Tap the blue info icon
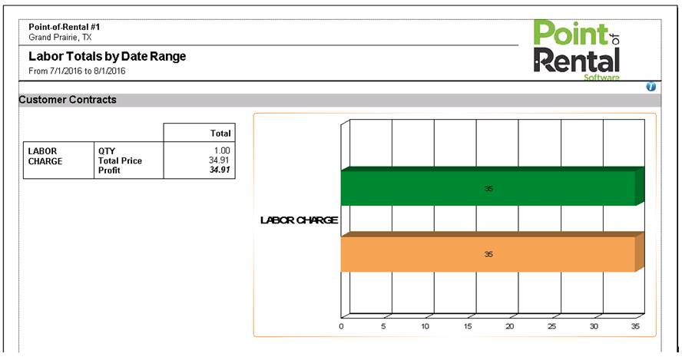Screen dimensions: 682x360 point(651,87)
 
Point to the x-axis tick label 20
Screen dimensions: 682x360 point(509,326)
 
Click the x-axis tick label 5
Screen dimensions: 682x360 point(383,326)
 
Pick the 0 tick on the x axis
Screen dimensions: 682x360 point(342,326)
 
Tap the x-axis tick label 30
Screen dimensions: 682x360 point(594,326)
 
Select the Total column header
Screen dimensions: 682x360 point(220,133)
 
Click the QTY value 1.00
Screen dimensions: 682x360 point(222,150)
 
